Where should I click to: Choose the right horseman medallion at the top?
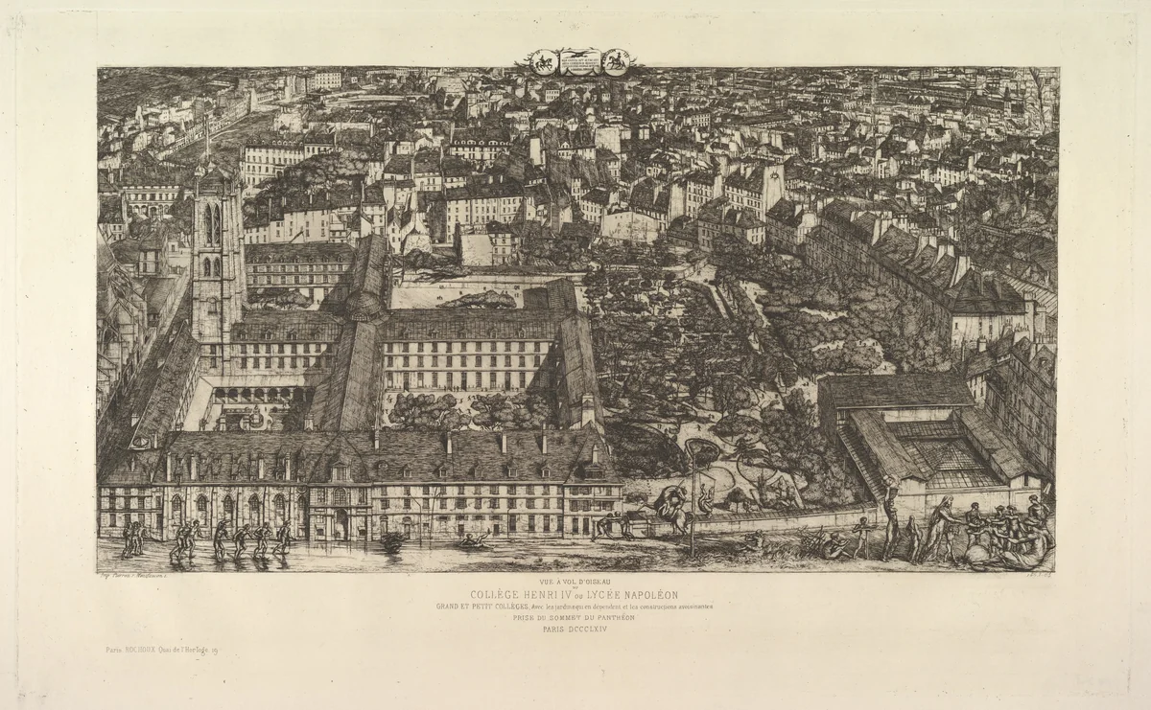[x=615, y=61]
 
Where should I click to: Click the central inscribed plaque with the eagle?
[x=577, y=61]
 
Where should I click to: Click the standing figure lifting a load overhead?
[x=890, y=517]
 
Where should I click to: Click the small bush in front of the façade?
[x=392, y=541]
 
